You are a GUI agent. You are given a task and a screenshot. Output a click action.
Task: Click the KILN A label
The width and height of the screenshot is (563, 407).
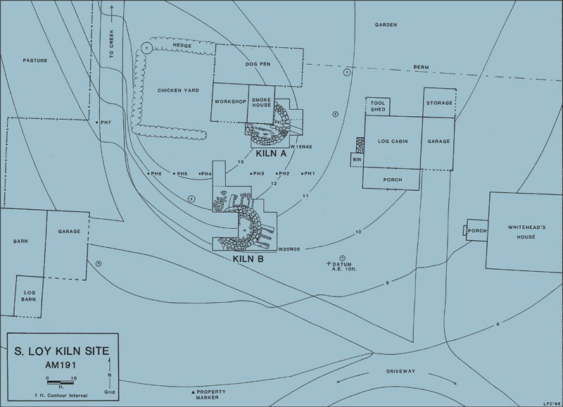click(271, 154)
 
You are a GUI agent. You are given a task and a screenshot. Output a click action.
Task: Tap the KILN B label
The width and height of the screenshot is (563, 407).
click(248, 258)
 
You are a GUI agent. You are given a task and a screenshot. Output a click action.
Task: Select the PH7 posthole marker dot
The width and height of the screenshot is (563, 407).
click(97, 123)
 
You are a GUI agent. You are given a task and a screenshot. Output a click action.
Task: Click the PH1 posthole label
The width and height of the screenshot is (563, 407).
click(310, 173)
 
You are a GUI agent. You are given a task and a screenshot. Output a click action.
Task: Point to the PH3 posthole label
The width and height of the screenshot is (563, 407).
click(258, 173)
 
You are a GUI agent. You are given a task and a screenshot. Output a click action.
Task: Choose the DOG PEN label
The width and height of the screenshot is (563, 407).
click(258, 64)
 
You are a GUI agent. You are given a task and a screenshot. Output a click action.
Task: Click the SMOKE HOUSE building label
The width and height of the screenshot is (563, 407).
click(261, 102)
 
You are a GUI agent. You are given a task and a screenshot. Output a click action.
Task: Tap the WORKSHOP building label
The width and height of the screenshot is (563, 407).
click(231, 101)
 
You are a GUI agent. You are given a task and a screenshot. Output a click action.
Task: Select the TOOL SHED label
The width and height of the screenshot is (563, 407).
click(378, 106)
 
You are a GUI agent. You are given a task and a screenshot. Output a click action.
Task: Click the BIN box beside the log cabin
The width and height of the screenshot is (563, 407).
click(357, 160)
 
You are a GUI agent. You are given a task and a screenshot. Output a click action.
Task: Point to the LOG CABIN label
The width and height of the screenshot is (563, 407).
click(393, 141)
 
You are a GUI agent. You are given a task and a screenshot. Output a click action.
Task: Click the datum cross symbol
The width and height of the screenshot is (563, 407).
click(328, 263)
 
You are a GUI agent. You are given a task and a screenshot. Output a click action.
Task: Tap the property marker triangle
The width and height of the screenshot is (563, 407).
click(193, 392)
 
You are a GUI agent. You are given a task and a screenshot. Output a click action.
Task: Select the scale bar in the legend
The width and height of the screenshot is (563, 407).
click(60, 381)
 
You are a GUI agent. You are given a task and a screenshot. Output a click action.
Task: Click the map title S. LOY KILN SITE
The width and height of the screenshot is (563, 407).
click(62, 351)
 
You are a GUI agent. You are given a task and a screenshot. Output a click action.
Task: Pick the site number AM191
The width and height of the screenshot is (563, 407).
click(61, 365)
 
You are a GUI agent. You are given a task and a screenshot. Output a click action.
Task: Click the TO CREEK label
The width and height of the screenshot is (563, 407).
click(111, 44)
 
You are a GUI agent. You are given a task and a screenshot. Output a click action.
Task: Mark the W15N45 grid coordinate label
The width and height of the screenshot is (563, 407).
click(301, 146)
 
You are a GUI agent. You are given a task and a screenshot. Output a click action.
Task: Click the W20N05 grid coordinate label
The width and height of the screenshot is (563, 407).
click(289, 249)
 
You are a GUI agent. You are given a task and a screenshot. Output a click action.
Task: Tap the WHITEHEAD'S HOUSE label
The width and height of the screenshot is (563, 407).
click(526, 232)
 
